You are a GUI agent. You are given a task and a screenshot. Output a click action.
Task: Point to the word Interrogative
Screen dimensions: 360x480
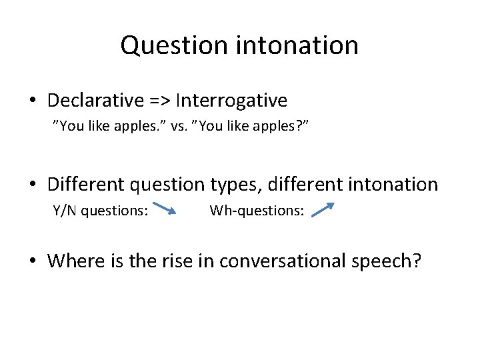232,101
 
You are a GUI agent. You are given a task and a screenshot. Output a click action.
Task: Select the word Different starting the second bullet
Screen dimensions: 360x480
89,184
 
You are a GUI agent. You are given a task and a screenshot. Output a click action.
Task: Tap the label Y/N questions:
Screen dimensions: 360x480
100,211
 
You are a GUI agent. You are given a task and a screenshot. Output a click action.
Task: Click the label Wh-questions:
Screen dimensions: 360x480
257,211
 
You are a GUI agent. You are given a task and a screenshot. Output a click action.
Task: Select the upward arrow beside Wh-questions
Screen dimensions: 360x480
323,210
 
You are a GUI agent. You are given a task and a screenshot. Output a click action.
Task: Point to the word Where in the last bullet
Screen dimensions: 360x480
73,261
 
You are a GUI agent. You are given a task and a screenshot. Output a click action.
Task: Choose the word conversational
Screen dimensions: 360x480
281,261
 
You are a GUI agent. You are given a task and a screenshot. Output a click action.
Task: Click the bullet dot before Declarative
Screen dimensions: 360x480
33,101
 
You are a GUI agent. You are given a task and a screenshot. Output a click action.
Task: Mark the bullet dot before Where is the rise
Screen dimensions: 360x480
33,261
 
